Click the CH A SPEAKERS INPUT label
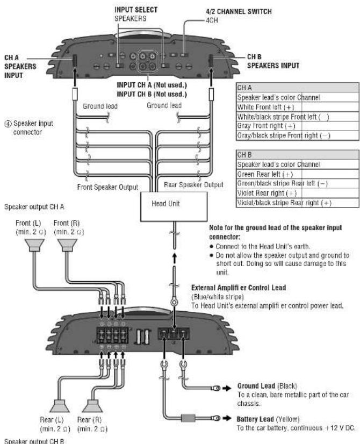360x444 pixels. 20,63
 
